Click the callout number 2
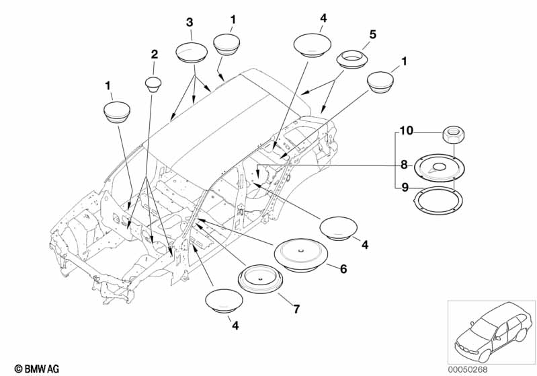click(155, 54)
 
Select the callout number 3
click(190, 23)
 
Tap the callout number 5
click(372, 34)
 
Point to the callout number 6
click(343, 269)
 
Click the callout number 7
click(296, 309)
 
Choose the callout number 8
click(404, 165)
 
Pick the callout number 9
click(405, 188)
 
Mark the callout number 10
click(407, 130)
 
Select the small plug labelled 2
click(153, 84)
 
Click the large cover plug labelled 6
click(301, 255)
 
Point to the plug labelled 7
click(261, 279)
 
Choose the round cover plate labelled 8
click(440, 167)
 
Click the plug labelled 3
click(192, 52)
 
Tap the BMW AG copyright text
click(37, 369)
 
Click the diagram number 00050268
click(468, 369)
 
